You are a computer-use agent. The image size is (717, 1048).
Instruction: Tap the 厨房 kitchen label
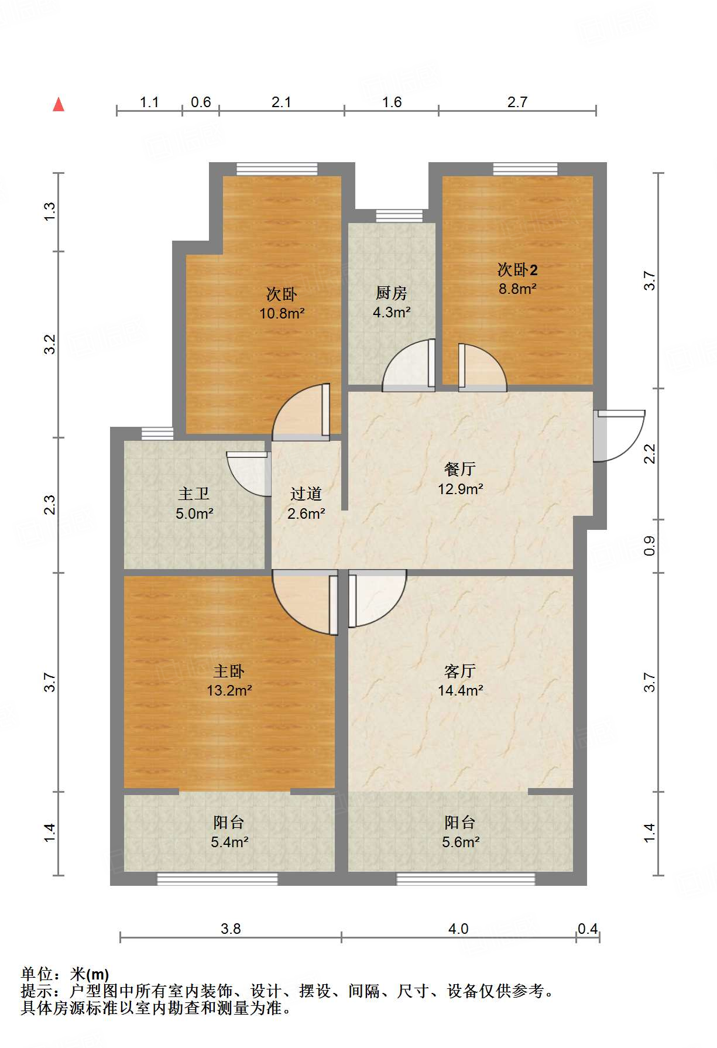click(x=391, y=293)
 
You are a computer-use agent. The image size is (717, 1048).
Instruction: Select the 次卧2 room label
click(x=517, y=269)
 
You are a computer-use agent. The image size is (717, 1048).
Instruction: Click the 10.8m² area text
click(x=282, y=313)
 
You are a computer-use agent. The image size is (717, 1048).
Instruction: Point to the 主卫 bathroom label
click(x=194, y=494)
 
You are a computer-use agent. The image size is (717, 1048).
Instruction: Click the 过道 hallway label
click(x=306, y=494)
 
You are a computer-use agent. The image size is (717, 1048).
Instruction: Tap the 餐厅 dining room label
click(x=460, y=469)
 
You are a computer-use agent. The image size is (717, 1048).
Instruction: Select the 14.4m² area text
click(x=461, y=690)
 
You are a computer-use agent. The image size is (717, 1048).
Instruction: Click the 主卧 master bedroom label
click(x=229, y=671)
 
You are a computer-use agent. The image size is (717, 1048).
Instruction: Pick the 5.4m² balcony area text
click(x=229, y=842)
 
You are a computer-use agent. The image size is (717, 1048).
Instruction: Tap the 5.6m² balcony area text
click(x=461, y=842)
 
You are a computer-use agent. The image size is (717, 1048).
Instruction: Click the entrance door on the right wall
click(x=619, y=436)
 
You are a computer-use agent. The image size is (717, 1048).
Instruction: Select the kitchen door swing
click(x=409, y=365)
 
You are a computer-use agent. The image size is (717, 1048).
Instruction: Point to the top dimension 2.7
click(x=517, y=102)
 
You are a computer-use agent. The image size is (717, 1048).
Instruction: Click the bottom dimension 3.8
click(x=231, y=929)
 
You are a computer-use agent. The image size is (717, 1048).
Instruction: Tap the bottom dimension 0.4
click(x=588, y=929)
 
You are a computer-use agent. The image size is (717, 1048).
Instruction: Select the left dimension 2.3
click(x=50, y=505)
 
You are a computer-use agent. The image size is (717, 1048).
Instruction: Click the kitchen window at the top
click(x=399, y=216)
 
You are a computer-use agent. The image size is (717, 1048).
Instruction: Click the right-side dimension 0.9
click(x=650, y=546)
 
